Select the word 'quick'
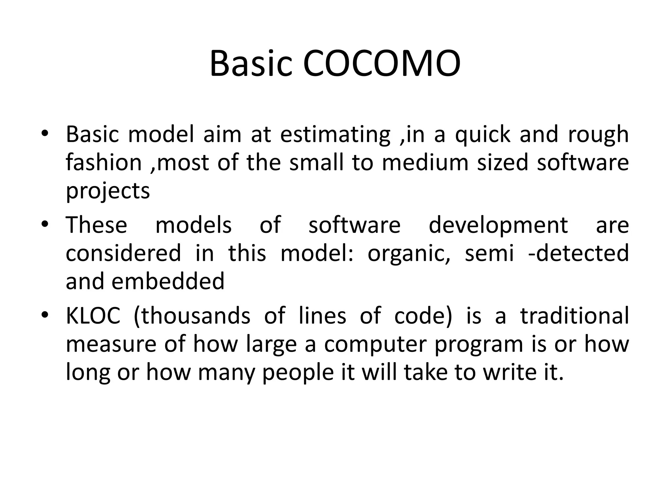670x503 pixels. pos(483,134)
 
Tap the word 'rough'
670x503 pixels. pos(598,135)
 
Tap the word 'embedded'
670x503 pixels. pos(168,281)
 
